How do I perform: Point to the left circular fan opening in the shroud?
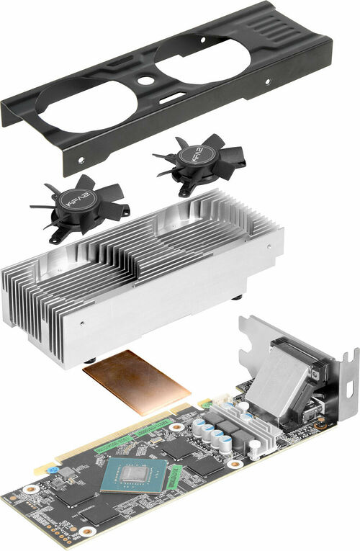[x=87, y=108]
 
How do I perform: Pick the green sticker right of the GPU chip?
[x=176, y=475]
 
